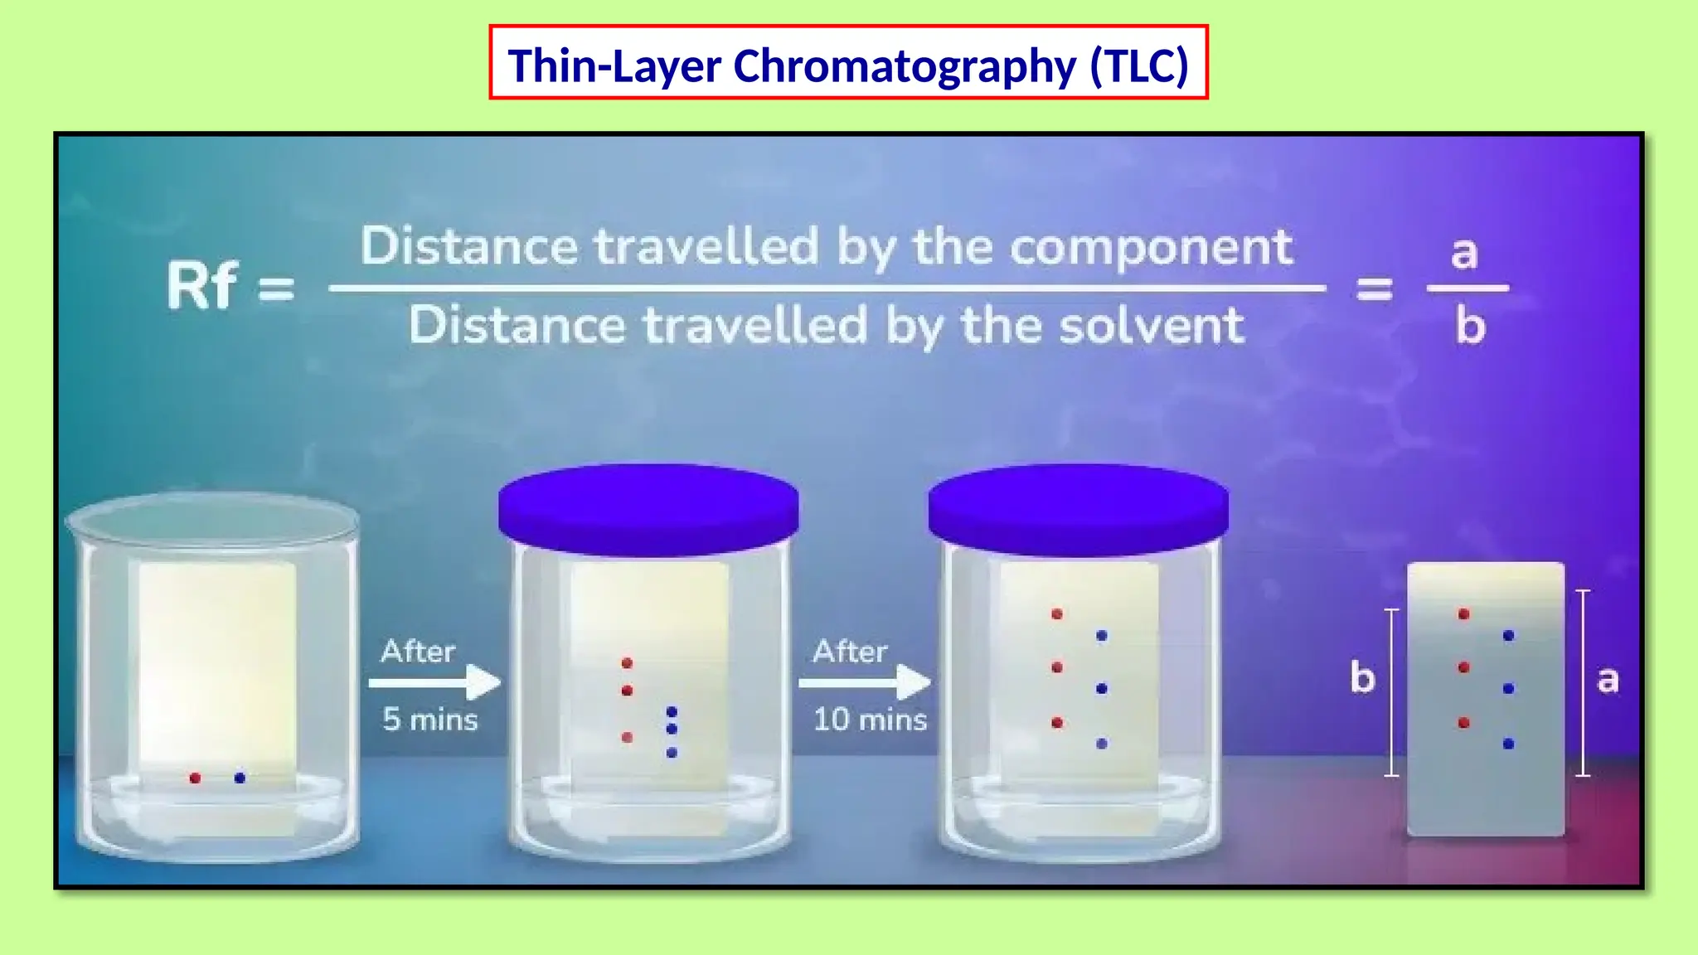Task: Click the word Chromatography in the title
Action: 904,65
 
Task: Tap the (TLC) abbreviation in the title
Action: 1139,65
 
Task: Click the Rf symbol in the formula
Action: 201,286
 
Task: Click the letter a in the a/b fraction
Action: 1464,252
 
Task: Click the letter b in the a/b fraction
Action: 1470,326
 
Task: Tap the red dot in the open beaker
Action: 195,778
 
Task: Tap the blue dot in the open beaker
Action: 240,778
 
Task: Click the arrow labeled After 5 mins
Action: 434,682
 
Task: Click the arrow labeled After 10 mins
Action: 865,682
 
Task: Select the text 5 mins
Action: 429,719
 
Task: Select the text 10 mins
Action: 869,719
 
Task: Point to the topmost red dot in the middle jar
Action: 627,662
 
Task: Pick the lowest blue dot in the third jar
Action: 1101,744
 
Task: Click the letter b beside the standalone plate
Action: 1362,677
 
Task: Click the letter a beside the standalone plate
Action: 1608,680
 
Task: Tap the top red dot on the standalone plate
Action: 1463,614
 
